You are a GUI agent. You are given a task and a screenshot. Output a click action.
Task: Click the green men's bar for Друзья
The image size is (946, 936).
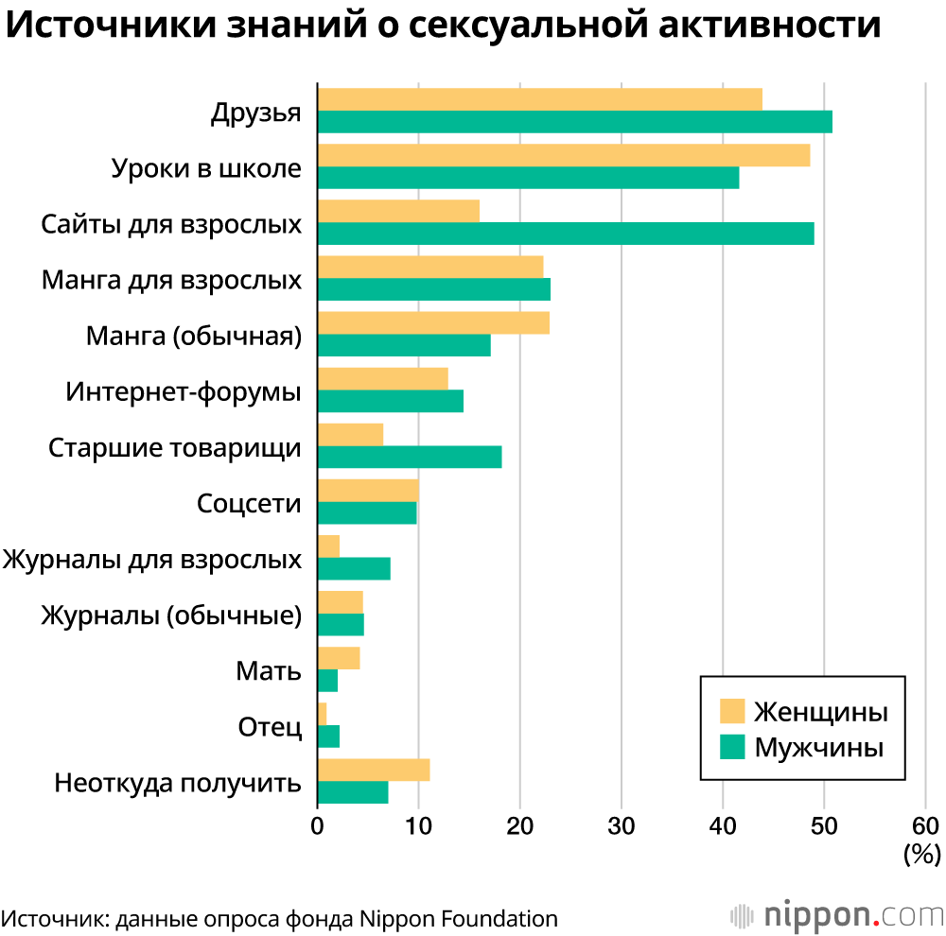574,121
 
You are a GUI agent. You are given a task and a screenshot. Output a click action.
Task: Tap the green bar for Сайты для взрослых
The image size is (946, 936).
566,233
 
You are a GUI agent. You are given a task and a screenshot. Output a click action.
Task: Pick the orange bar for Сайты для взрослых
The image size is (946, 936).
398,211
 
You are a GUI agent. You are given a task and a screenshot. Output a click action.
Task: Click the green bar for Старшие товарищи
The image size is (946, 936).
410,457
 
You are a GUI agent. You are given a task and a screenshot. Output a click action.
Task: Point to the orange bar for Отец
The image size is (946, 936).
322,714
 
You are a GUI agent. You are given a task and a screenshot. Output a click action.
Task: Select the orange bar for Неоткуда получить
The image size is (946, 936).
374,770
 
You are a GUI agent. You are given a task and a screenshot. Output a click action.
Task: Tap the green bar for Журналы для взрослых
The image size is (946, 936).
354,568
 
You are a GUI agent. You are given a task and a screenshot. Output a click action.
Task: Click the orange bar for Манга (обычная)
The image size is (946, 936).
433,322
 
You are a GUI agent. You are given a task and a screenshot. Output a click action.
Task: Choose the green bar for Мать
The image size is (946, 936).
327,680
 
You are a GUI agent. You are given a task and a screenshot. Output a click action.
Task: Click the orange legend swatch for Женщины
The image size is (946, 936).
732,710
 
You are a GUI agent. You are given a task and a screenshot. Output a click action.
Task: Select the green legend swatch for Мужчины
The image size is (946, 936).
732,747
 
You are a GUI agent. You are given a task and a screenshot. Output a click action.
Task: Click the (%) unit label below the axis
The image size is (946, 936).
921,855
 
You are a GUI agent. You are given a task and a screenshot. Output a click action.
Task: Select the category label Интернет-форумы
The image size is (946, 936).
184,391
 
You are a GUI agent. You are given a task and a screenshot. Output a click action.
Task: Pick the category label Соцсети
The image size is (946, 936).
249,503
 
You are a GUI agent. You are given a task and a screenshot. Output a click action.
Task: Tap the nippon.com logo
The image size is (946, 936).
837,914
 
